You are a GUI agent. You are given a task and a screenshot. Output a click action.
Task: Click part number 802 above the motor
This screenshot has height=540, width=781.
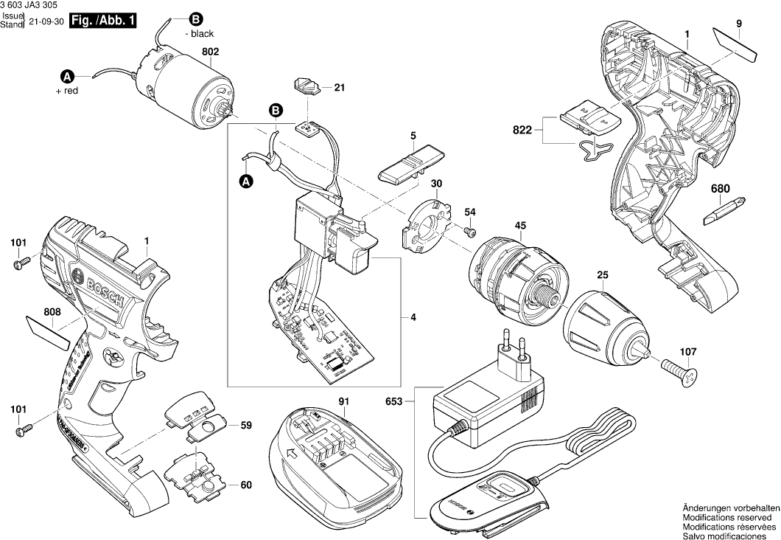coord(211,52)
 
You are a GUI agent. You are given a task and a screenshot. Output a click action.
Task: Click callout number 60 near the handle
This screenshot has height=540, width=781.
coord(246,485)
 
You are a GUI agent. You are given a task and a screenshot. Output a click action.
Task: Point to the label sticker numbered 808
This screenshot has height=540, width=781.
coord(49,328)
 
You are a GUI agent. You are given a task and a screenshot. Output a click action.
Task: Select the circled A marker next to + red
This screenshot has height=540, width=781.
coord(66,76)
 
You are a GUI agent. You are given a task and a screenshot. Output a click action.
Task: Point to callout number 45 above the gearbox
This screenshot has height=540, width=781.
coord(520,226)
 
